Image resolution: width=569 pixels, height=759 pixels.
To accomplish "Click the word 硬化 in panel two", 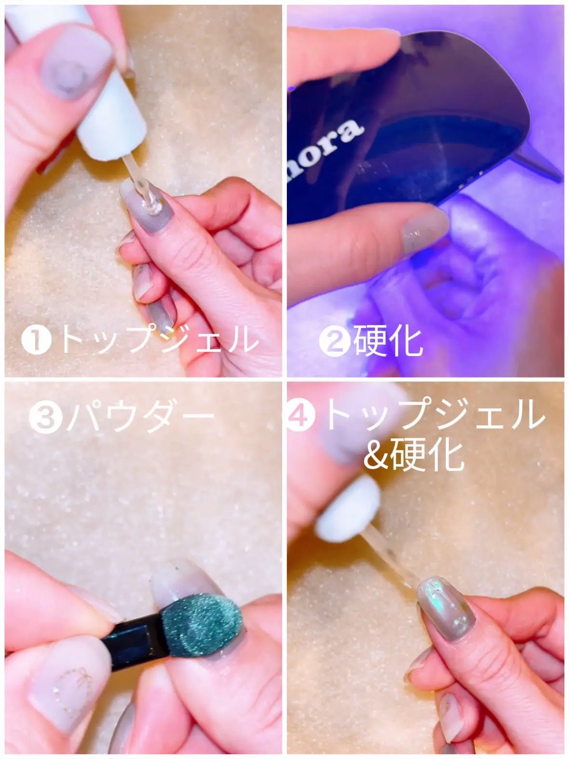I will tap(388, 341).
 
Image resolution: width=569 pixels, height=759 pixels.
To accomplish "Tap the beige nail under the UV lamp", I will tap(424, 231).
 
